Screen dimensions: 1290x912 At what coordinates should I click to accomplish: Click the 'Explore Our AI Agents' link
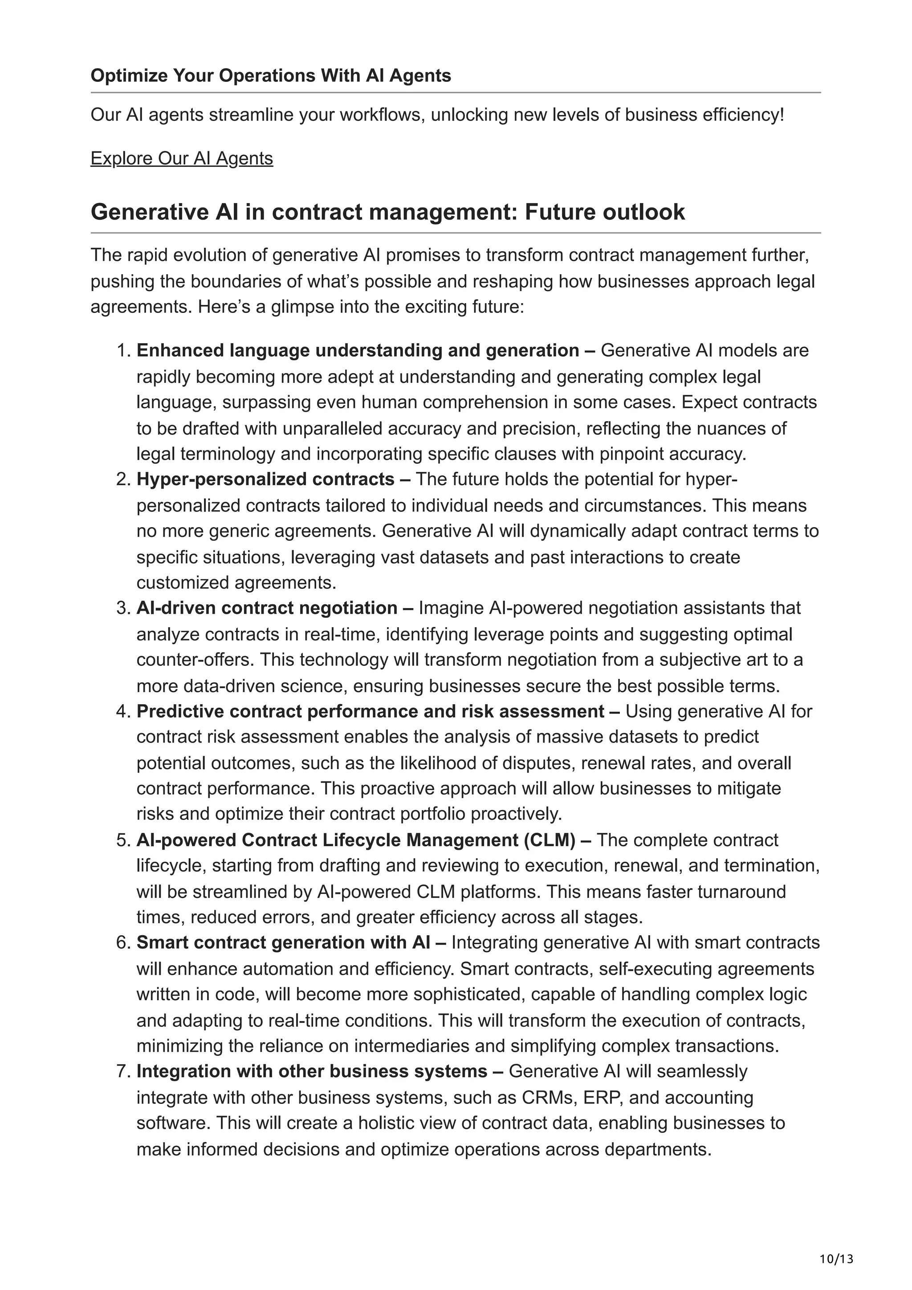click(182, 158)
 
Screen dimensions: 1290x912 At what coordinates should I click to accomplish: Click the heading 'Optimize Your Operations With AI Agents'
click(270, 75)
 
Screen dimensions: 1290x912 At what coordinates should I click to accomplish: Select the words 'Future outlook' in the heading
click(605, 212)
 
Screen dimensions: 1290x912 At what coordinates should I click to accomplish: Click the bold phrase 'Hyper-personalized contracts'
click(265, 479)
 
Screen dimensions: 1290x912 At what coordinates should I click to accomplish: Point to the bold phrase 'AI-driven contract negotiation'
click(267, 608)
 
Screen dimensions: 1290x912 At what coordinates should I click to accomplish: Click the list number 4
click(122, 711)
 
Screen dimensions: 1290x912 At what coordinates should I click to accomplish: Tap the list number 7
click(122, 1071)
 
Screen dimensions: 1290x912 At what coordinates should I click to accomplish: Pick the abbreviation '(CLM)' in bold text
click(550, 840)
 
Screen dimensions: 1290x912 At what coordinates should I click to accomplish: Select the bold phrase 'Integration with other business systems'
click(312, 1071)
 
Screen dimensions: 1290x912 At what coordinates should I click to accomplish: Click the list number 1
click(122, 351)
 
